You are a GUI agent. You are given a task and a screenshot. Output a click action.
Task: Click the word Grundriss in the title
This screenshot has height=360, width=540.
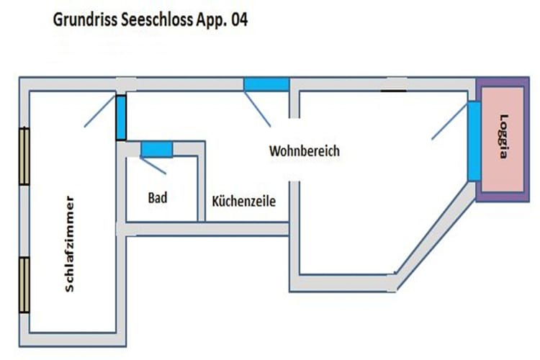coord(86,20)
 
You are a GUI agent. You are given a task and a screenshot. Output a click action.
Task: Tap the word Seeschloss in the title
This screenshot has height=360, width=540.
coord(157,19)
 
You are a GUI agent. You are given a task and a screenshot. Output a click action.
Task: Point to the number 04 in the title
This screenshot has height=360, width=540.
coord(239,19)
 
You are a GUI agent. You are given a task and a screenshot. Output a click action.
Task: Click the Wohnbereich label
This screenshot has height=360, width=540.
coord(305,151)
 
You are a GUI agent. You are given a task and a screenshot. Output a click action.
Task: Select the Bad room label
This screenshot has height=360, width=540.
coord(158,198)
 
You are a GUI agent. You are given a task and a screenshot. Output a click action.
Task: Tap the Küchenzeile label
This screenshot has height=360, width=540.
coord(244,201)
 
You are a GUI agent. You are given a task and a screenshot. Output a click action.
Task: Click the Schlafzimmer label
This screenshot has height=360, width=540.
coord(69,244)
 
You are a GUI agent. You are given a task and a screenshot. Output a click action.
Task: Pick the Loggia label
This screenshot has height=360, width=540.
coord(503,136)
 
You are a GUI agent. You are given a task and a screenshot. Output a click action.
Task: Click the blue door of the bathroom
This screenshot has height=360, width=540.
coord(157,150)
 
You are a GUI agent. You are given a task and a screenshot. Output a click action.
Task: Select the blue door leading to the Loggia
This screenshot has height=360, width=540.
coord(474,141)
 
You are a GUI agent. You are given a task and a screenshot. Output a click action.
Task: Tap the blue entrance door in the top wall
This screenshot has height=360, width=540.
coord(266,84)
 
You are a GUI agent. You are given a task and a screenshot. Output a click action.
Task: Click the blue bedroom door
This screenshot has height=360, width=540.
coord(121,117)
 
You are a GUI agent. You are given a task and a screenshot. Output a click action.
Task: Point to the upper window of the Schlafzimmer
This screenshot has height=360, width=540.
coord(24,156)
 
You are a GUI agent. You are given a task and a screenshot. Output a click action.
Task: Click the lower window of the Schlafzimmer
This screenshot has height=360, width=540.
coord(24,285)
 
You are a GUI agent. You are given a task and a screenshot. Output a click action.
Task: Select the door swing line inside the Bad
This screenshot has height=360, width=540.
coord(153,166)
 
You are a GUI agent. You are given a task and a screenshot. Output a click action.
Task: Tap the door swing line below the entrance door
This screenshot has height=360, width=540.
coord(257,109)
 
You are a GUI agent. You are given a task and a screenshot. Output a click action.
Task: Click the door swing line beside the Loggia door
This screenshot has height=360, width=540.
coord(450,120)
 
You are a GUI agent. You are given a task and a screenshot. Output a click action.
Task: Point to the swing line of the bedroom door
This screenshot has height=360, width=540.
coord(100,111)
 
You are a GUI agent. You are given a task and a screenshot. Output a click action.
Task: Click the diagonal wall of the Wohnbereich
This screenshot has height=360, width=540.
coord(436,237)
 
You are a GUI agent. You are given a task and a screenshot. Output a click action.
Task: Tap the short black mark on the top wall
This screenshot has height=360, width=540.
coord(393,91)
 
